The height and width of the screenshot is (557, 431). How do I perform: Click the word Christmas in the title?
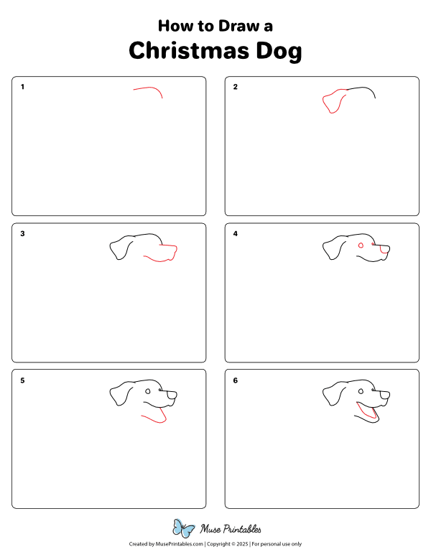(x=190, y=51)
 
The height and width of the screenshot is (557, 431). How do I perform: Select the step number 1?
(x=22, y=88)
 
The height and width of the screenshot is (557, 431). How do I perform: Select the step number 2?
(x=235, y=88)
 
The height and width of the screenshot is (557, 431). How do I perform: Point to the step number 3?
(x=22, y=234)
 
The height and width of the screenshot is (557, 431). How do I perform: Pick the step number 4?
(x=235, y=234)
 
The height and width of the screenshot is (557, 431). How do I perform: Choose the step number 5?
(x=22, y=380)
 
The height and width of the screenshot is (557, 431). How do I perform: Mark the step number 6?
(x=235, y=380)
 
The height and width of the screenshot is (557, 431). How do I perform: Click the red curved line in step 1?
(x=149, y=88)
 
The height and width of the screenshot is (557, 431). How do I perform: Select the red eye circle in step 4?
(x=361, y=245)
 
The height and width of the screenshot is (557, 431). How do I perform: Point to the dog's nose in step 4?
(x=385, y=249)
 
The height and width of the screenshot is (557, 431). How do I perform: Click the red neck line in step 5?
(x=154, y=418)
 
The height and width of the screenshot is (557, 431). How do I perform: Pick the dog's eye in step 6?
(x=361, y=391)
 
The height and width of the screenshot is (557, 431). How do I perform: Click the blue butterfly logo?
(x=185, y=529)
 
